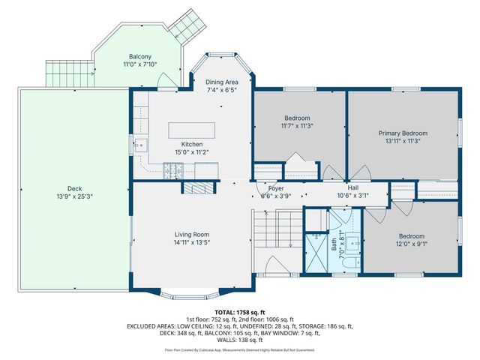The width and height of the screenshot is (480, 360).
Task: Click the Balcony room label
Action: click(139, 56)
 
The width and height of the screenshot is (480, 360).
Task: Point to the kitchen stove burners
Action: click(173, 173)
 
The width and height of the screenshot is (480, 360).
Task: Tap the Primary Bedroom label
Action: click(401, 131)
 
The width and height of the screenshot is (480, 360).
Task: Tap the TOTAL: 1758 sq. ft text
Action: click(240, 311)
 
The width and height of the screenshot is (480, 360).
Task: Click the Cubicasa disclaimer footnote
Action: click(240, 350)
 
